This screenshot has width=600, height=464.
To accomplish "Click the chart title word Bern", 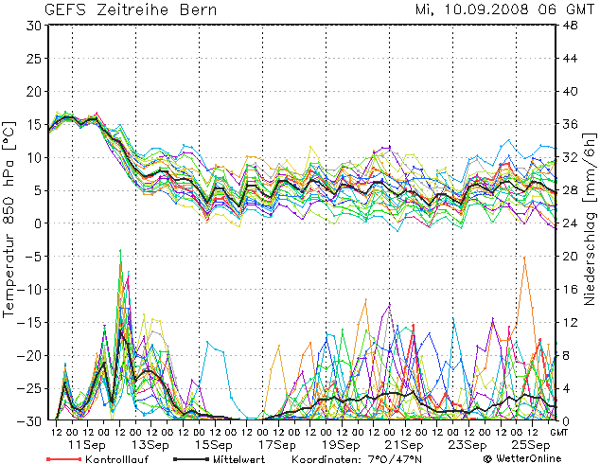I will click(x=195, y=10).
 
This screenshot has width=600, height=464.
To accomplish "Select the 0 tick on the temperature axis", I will click(x=36, y=223).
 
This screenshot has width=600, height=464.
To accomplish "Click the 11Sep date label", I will click(x=87, y=444).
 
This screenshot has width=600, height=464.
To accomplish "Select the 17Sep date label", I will click(x=278, y=444).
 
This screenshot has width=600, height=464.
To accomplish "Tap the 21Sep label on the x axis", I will click(x=405, y=444).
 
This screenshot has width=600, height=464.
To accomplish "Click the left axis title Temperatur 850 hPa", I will click(x=10, y=218).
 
